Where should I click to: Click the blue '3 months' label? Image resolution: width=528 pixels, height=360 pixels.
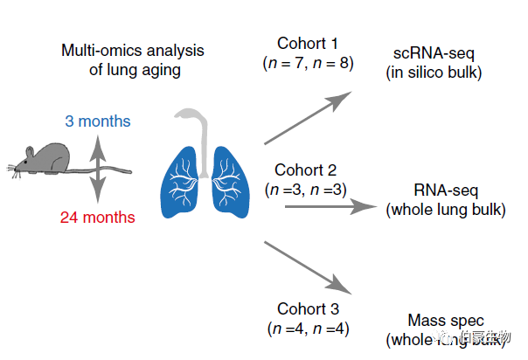[x=98, y=121]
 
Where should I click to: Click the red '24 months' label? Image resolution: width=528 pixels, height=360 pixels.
[x=97, y=217]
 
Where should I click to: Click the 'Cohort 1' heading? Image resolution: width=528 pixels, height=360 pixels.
[x=308, y=45]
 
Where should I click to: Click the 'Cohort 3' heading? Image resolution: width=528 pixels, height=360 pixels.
[x=308, y=308]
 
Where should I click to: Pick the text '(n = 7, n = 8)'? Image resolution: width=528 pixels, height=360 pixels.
[x=308, y=64]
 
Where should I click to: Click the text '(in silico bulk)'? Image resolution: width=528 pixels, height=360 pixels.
[x=434, y=73]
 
